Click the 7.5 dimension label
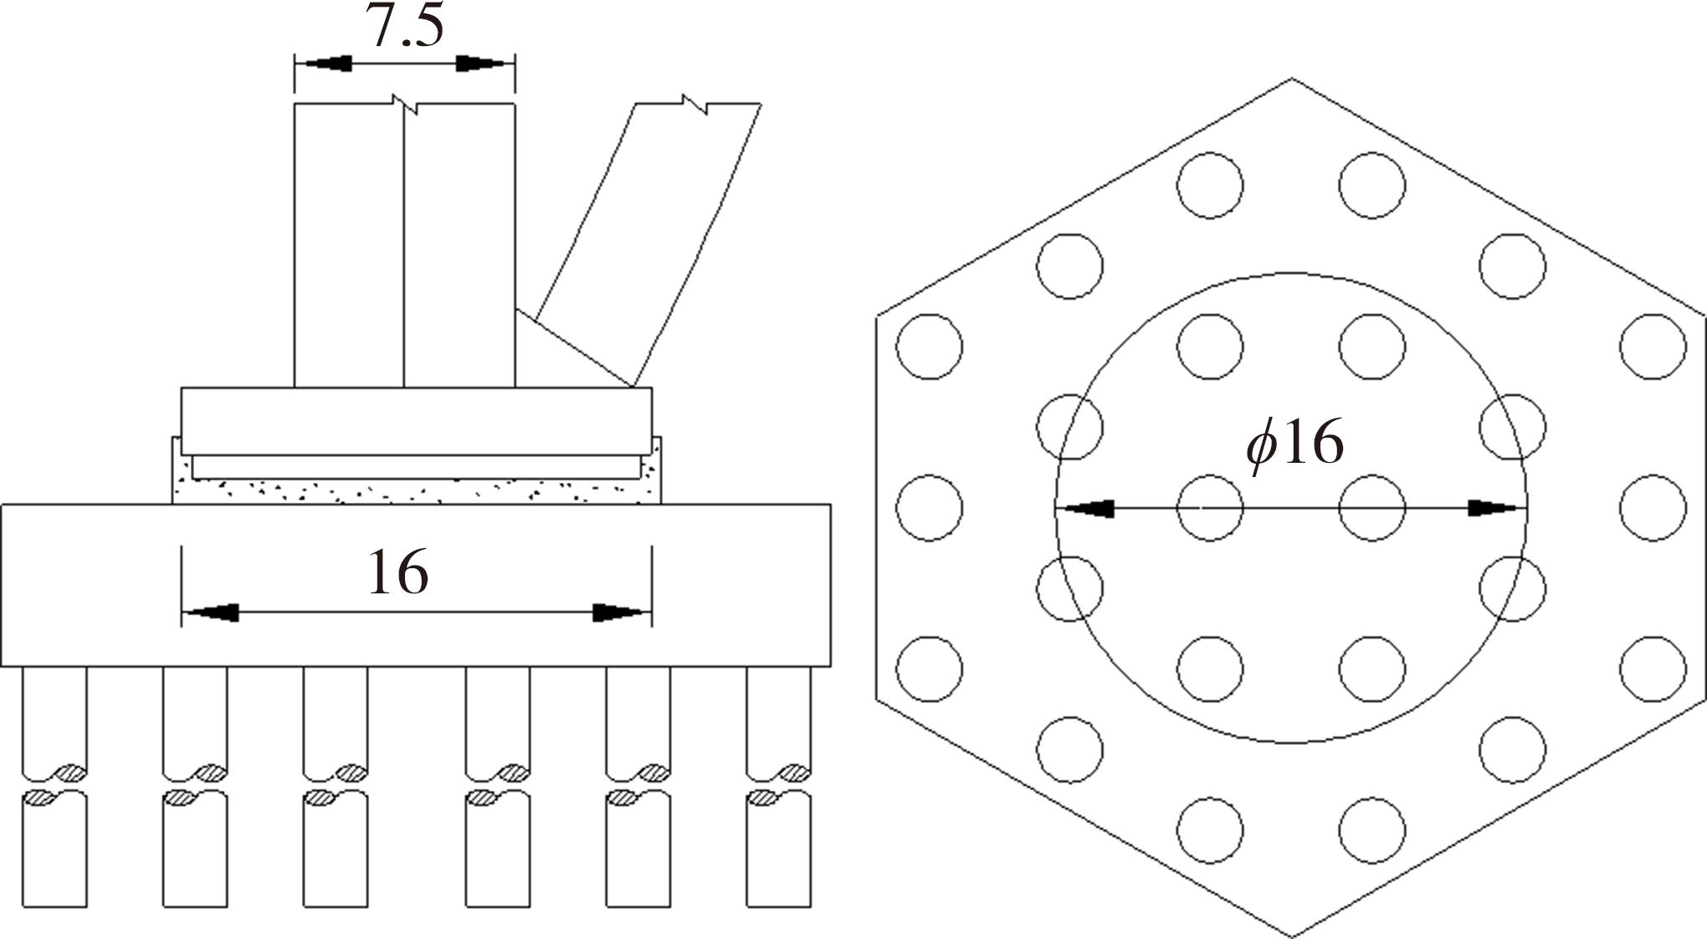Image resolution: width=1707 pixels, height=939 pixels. (x=404, y=27)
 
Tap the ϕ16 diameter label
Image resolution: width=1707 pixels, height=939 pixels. (x=1294, y=444)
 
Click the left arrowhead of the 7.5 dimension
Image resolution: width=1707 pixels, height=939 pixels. (x=323, y=64)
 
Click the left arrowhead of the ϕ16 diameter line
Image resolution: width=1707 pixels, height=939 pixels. (x=1084, y=508)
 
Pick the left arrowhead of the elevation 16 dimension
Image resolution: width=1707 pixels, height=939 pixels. (x=211, y=613)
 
